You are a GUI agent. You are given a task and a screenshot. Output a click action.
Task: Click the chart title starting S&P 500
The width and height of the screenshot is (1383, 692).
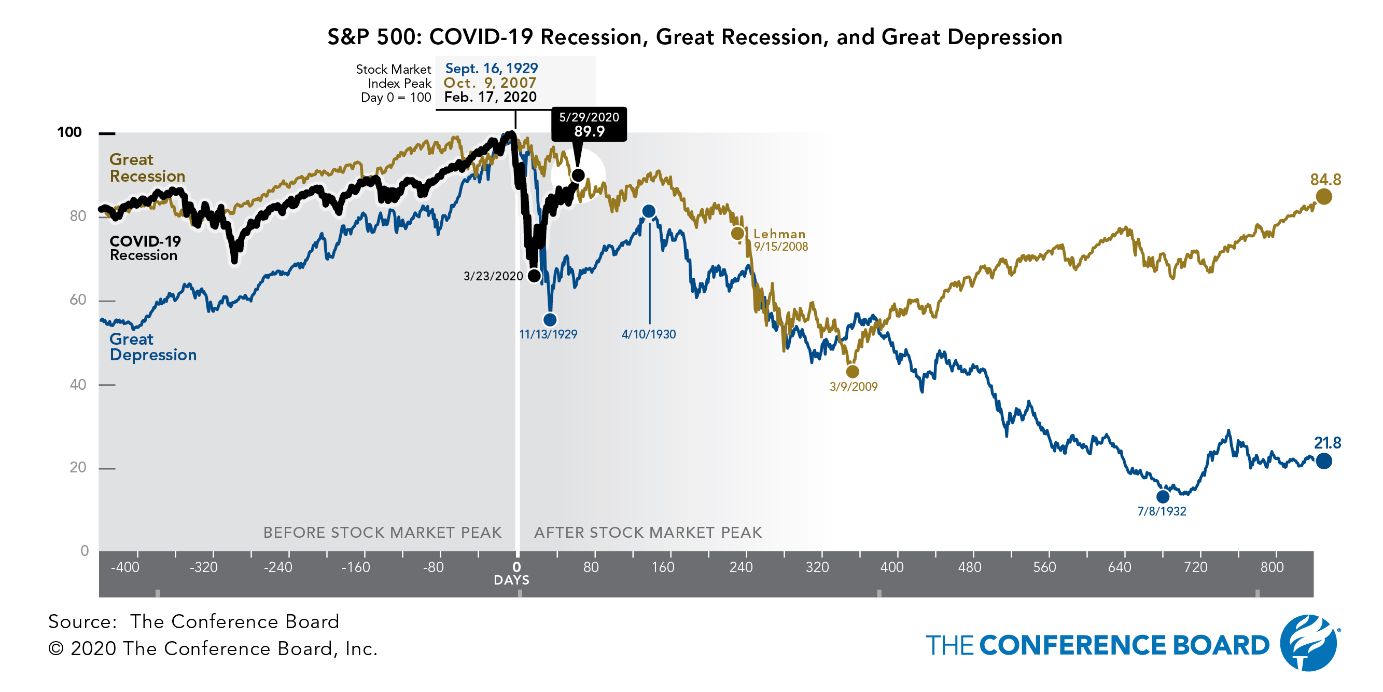click(x=695, y=37)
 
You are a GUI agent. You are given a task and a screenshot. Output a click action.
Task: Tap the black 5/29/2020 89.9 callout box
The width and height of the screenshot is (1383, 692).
click(x=589, y=125)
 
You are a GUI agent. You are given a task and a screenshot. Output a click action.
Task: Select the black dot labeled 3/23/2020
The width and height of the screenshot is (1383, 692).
click(x=534, y=276)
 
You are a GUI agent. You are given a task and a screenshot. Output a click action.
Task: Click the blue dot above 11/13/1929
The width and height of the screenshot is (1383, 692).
click(x=550, y=320)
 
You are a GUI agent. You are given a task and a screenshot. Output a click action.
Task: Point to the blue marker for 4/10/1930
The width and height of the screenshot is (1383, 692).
click(x=649, y=211)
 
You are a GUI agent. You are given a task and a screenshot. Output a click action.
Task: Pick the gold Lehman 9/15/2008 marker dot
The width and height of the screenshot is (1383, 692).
click(x=738, y=233)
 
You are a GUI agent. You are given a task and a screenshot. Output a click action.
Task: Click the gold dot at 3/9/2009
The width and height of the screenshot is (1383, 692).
click(x=853, y=371)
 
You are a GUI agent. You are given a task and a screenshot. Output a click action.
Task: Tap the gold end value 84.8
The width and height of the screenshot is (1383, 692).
click(x=1325, y=180)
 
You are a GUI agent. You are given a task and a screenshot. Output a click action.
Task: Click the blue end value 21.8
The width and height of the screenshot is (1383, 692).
click(x=1327, y=443)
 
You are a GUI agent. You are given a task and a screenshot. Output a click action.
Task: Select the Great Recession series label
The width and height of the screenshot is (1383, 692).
click(x=147, y=168)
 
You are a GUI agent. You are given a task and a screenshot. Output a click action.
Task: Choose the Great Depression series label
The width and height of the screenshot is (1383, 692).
click(x=152, y=347)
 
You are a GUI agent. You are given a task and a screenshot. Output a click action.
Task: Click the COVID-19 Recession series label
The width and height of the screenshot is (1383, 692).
click(x=145, y=248)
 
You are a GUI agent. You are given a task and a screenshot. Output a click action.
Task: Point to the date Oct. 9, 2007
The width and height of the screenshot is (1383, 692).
click(x=490, y=83)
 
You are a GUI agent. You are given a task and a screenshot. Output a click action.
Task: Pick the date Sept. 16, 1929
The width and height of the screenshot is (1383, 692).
click(x=491, y=68)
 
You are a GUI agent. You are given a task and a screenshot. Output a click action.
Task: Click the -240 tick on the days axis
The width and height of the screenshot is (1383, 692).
click(x=277, y=567)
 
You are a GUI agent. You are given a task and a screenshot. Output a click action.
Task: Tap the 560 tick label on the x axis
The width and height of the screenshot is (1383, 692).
click(x=1044, y=567)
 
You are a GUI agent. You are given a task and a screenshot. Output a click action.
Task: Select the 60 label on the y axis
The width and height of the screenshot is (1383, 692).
click(x=78, y=300)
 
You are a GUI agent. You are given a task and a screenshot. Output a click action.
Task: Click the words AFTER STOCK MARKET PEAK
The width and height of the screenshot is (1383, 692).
click(x=648, y=533)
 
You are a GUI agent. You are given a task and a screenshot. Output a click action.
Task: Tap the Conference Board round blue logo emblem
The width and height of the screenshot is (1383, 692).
click(x=1308, y=643)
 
